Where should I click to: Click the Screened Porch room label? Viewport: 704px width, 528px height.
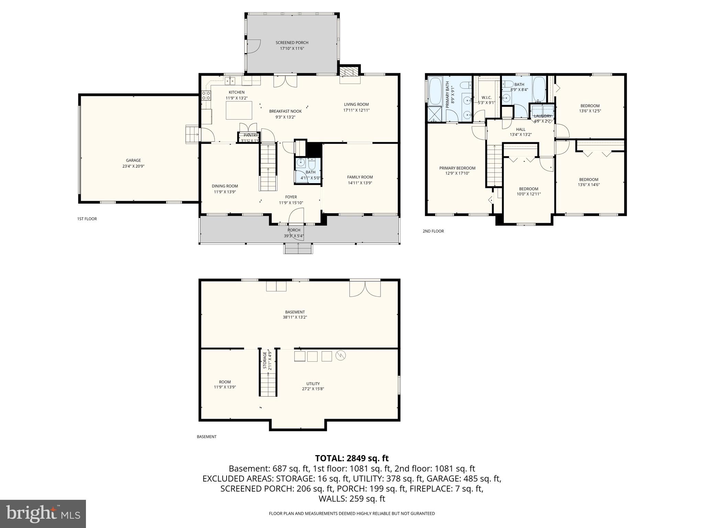point(292,43)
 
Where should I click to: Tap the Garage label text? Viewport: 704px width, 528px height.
point(133,160)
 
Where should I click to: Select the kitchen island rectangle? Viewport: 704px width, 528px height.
point(239,110)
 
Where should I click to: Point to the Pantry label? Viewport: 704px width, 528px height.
point(250,135)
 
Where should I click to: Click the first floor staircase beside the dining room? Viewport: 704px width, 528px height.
point(268,167)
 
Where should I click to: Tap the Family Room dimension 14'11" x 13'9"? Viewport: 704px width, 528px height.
point(360,183)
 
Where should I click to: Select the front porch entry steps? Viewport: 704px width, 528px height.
point(298,248)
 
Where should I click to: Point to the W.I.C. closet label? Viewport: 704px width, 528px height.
point(486,97)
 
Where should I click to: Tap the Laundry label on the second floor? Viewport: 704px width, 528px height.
point(542,116)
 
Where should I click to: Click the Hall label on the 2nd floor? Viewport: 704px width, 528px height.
point(520,130)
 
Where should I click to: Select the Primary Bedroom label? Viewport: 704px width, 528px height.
point(457,168)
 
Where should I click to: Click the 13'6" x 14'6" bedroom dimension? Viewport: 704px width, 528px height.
point(588,185)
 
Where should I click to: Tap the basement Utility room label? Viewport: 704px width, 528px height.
point(313,384)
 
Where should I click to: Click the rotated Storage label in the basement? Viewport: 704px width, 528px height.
point(265,360)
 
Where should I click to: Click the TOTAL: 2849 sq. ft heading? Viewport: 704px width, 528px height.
point(352,458)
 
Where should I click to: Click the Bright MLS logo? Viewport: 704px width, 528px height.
point(43,514)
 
